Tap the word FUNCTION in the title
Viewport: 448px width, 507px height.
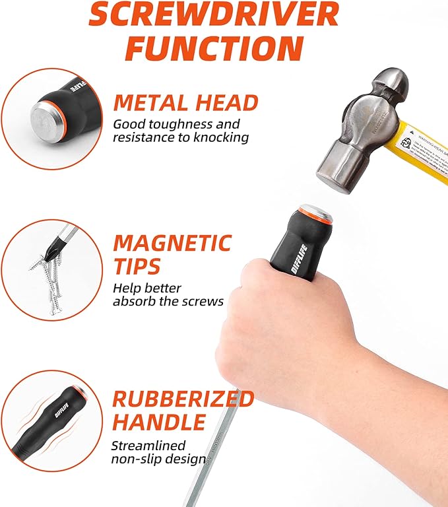pos(214,48)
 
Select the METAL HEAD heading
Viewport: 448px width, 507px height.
pos(185,102)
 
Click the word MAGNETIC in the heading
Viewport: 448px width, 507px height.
pos(172,243)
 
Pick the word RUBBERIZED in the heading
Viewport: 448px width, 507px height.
pos(183,399)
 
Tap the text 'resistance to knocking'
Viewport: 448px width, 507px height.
pos(180,137)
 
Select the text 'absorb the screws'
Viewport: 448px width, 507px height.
pos(168,301)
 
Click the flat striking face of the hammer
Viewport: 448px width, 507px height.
pos(330,168)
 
